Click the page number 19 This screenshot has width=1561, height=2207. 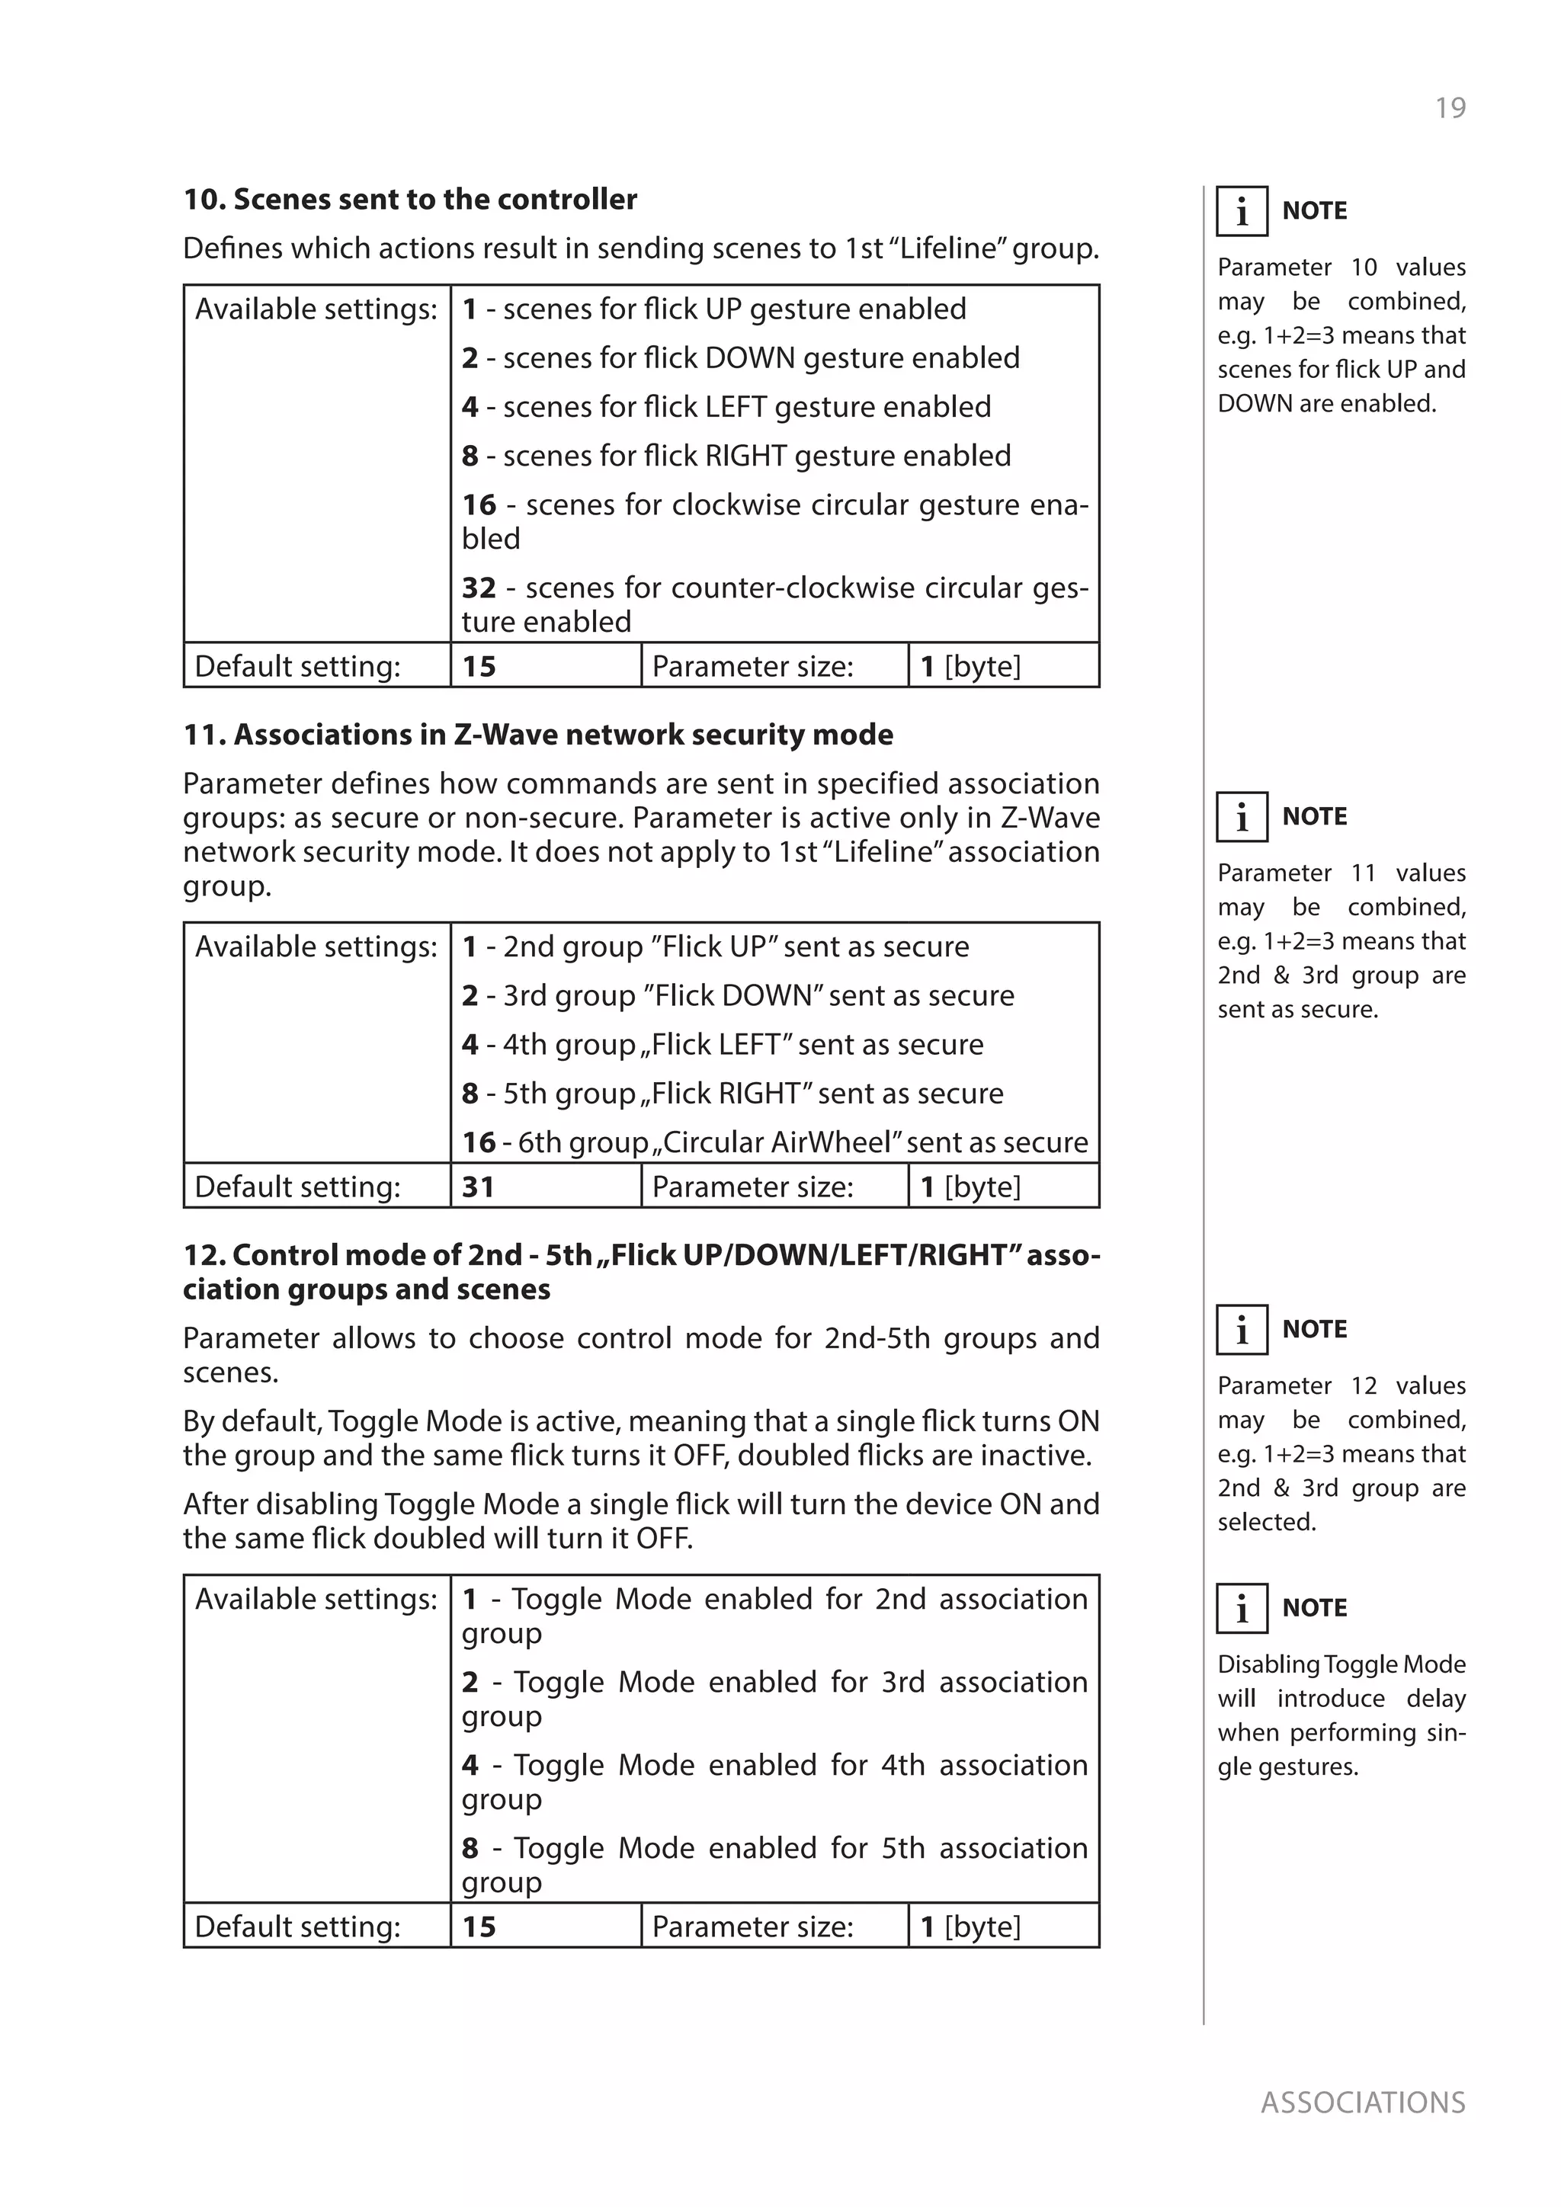1450,107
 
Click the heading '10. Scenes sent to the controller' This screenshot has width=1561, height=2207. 409,199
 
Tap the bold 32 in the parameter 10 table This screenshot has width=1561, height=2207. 479,588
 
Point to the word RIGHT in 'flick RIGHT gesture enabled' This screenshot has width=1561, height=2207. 745,456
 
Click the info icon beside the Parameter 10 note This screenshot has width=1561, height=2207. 1242,210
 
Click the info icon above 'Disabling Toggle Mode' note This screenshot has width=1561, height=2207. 1242,1607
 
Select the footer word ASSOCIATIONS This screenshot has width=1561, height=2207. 1362,2103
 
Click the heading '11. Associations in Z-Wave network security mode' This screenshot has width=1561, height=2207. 538,735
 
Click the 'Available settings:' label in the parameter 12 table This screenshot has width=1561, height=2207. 316,1599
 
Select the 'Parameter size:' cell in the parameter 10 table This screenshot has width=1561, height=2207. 752,666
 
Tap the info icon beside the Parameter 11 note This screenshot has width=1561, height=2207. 1242,816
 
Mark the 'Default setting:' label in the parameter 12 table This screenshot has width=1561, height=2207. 298,1927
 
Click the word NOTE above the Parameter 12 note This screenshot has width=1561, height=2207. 1314,1328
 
